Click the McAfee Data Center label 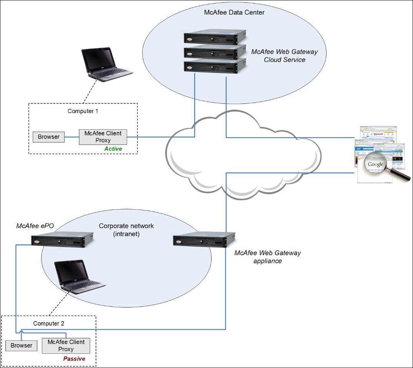coord(234,13)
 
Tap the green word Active coord(113,149)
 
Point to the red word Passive coord(74,359)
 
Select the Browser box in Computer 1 coord(49,137)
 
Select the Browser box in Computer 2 coord(22,345)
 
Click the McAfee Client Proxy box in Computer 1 coord(103,137)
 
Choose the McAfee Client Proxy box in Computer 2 coord(66,346)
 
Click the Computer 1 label coord(83,111)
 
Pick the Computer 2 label coord(49,323)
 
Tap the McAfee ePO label coord(32,226)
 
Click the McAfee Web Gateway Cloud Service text coord(285,56)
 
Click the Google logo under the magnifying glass coord(375,165)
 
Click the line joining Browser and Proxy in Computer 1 coord(72,137)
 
